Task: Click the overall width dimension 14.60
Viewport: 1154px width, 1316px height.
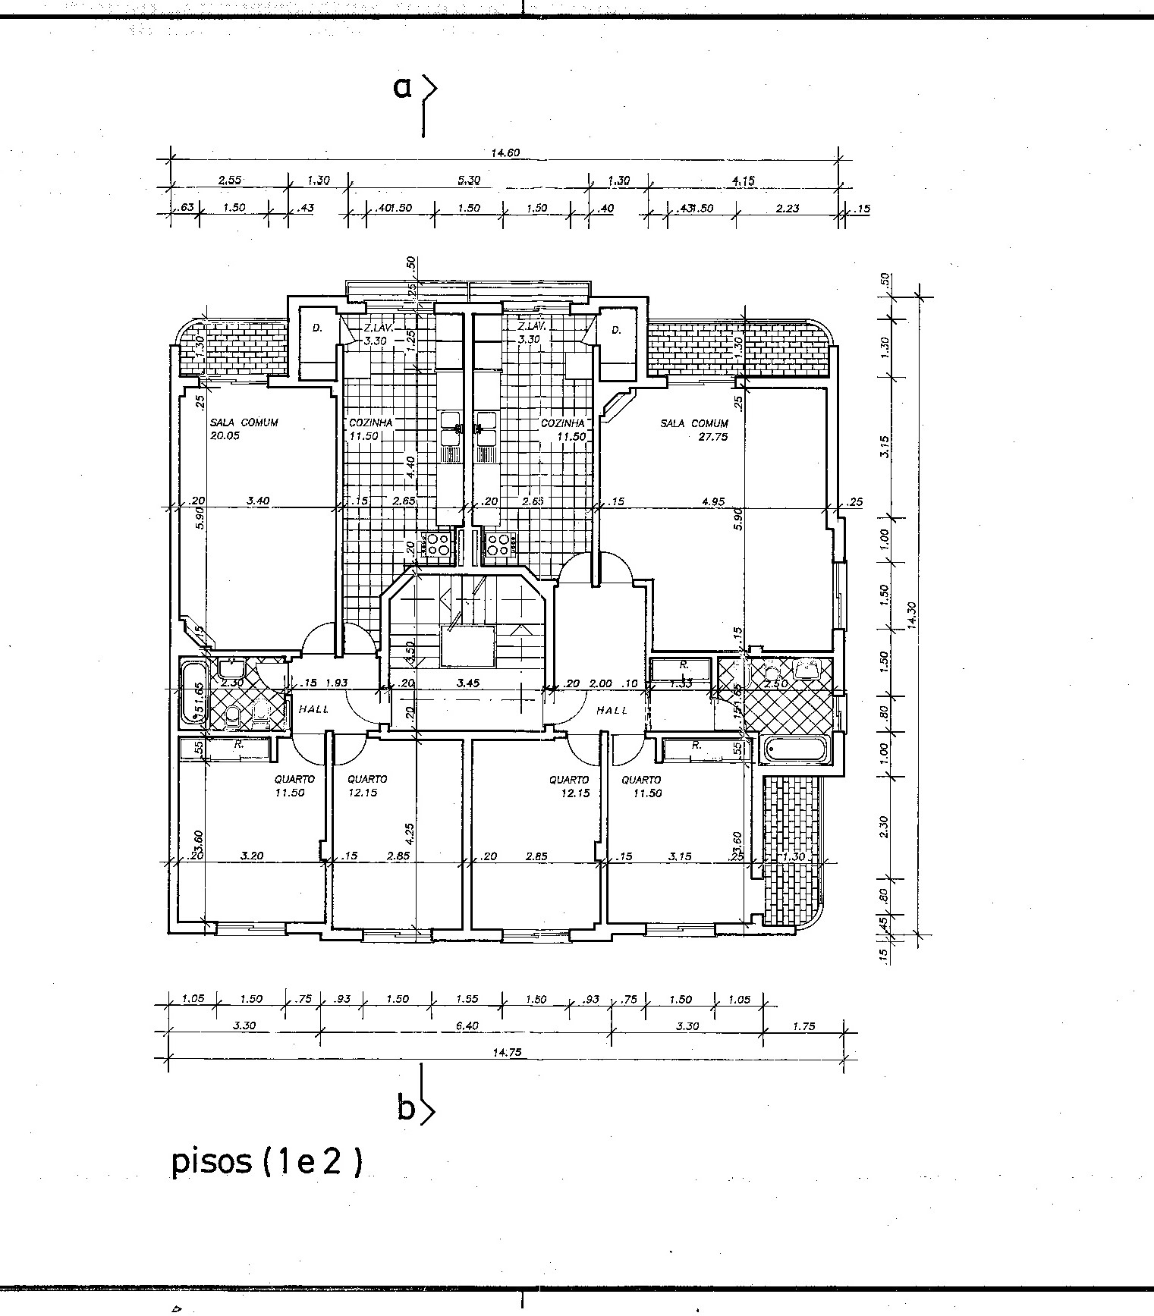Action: click(x=505, y=152)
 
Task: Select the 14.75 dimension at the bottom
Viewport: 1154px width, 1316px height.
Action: click(x=505, y=1052)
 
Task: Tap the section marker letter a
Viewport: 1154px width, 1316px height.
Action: click(x=402, y=88)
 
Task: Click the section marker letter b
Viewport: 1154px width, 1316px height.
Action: click(x=406, y=1109)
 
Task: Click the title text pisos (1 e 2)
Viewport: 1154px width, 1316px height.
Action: click(x=266, y=1162)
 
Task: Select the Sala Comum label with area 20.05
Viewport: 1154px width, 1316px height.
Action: click(x=244, y=429)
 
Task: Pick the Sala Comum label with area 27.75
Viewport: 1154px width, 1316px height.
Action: click(x=694, y=429)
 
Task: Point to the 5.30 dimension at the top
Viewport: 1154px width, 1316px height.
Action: click(x=469, y=181)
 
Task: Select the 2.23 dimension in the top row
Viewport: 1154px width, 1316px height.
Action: click(x=788, y=208)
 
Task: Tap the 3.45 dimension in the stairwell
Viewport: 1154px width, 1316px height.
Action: click(x=469, y=683)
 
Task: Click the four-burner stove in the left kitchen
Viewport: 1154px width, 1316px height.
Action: click(x=438, y=543)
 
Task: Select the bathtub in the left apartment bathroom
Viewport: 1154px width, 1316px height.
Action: click(x=190, y=692)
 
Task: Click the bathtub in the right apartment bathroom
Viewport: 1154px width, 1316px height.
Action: click(x=795, y=751)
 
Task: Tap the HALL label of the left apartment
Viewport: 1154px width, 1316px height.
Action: click(x=313, y=710)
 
